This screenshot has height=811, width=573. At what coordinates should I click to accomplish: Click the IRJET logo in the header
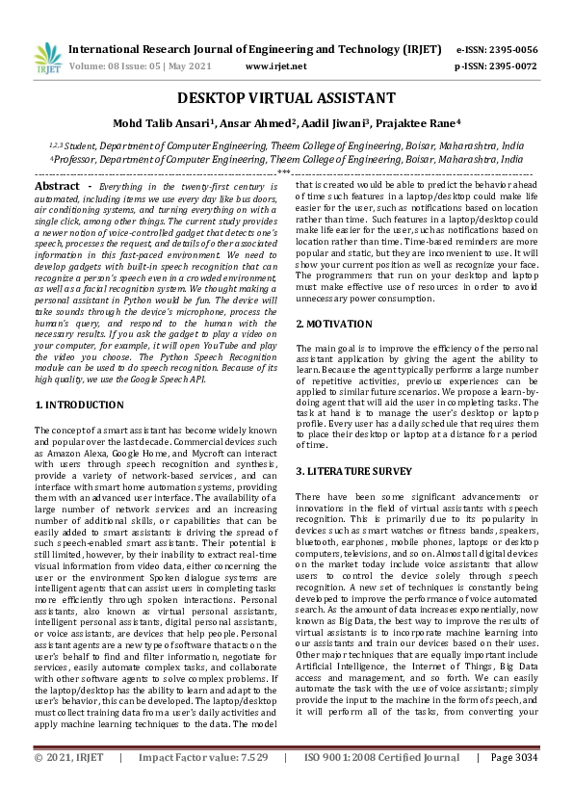pos(44,58)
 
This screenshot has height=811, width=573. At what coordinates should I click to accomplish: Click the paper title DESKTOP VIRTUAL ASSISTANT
pos(286,98)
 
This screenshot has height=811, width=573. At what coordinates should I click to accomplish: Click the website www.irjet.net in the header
pos(276,66)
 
